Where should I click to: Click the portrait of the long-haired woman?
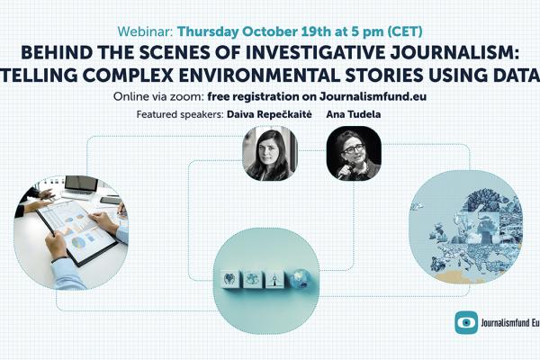pos(270,153)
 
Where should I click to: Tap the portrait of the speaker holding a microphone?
pos(354,153)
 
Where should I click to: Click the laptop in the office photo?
pos(81,185)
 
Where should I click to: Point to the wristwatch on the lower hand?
pos(57,266)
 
